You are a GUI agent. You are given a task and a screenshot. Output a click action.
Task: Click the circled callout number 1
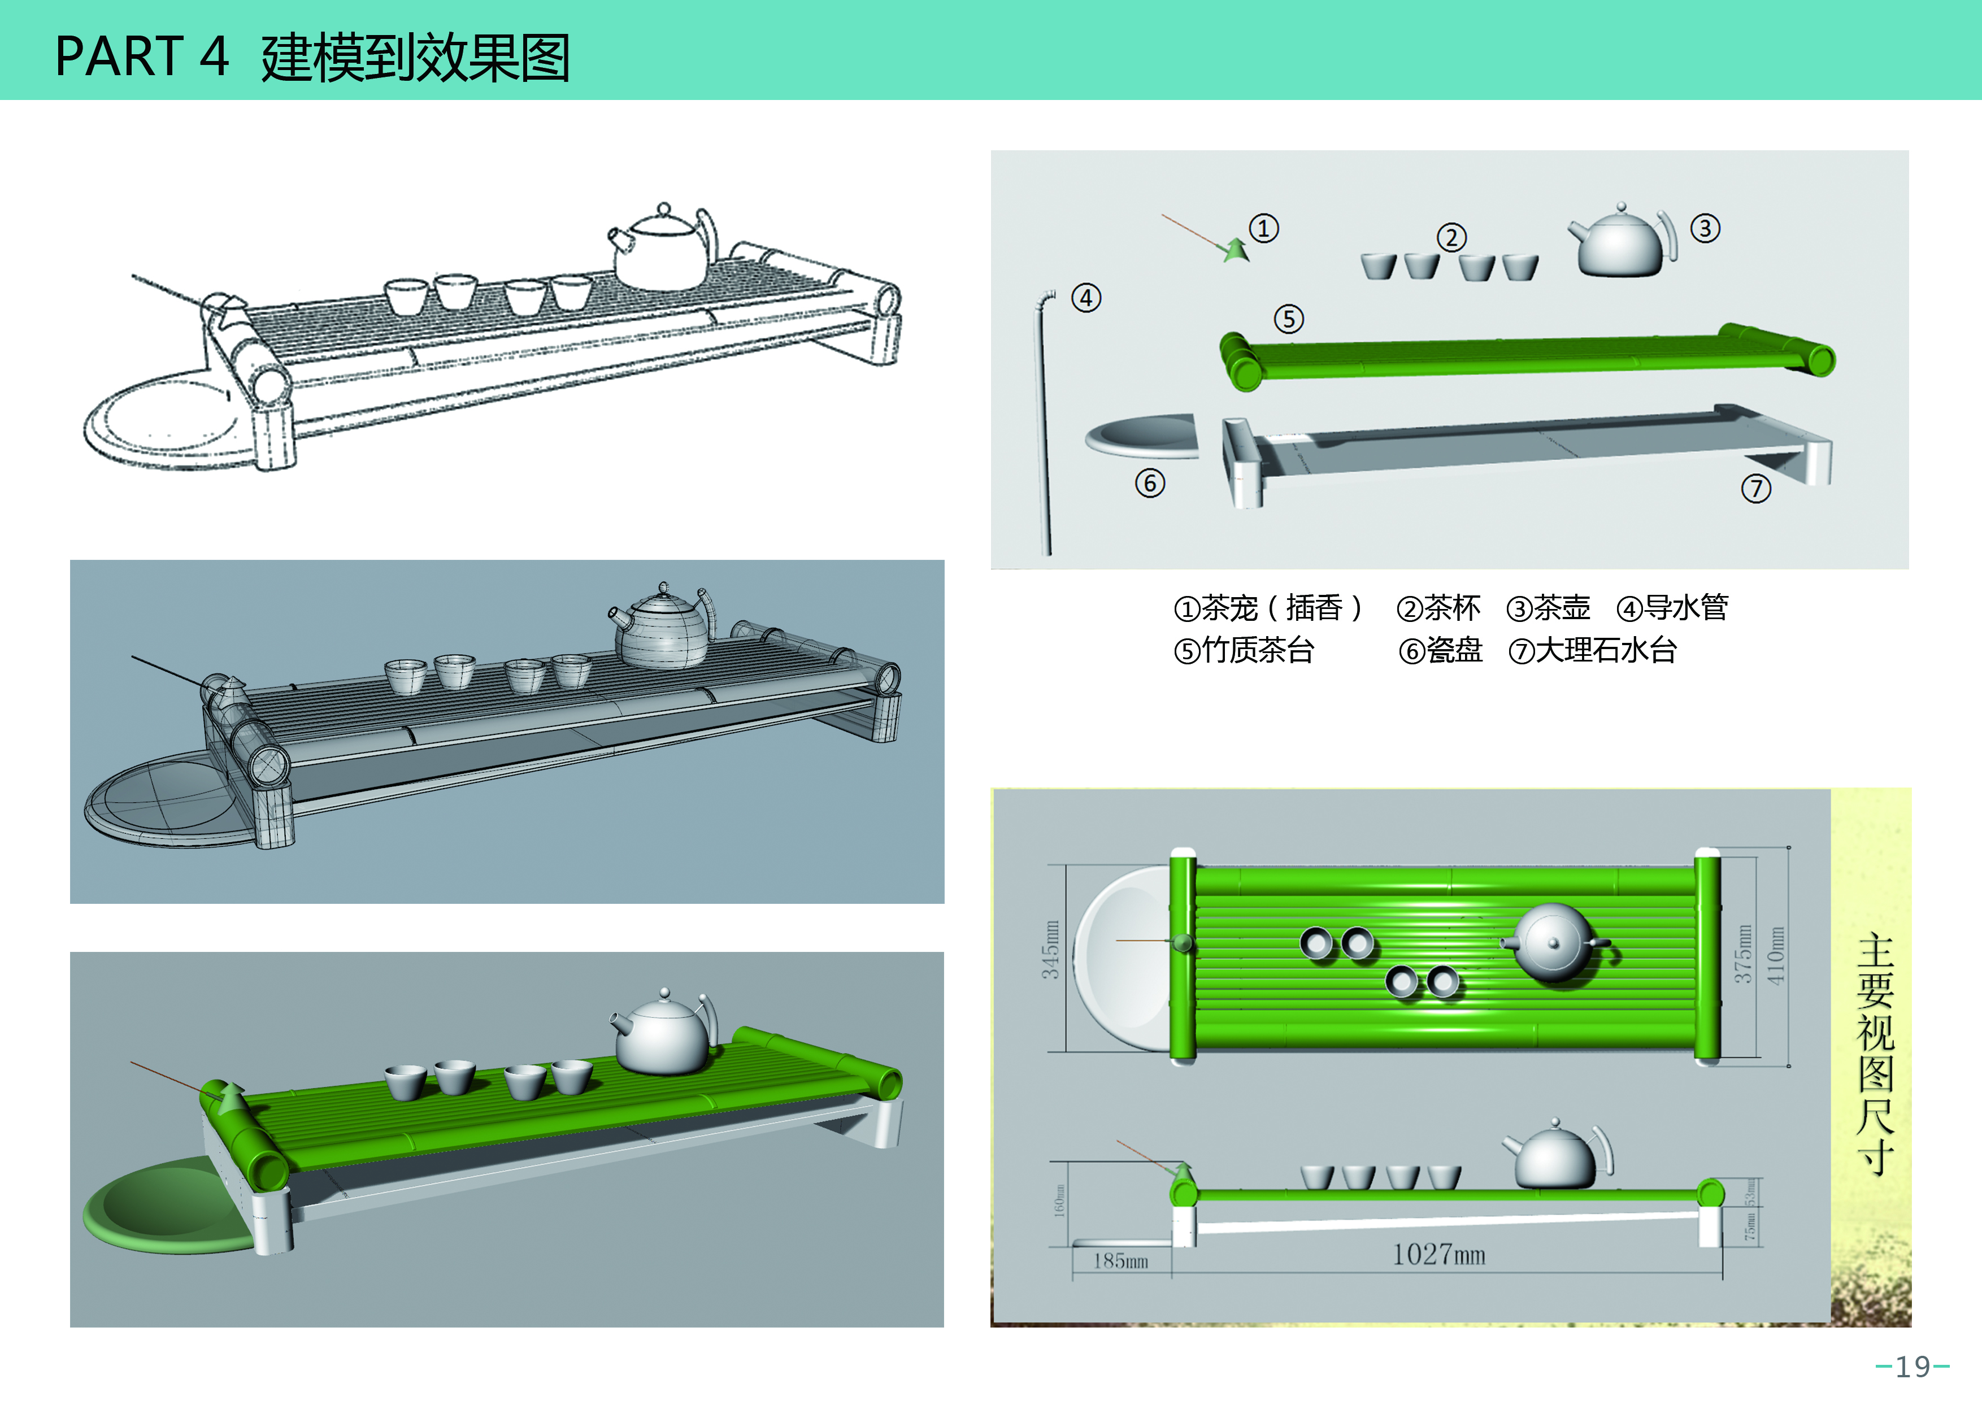pyautogui.click(x=1264, y=229)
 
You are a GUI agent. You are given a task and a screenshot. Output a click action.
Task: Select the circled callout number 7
pyautogui.click(x=1756, y=489)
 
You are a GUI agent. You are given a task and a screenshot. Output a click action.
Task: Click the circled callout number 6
pyautogui.click(x=1150, y=482)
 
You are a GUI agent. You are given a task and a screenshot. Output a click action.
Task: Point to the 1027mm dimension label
pyautogui.click(x=1438, y=1254)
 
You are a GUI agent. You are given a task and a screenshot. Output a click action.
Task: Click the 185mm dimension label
pyautogui.click(x=1120, y=1261)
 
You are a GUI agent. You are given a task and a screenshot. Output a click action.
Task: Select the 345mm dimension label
pyautogui.click(x=1050, y=950)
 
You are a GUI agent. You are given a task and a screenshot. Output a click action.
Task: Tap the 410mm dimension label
pyautogui.click(x=1775, y=956)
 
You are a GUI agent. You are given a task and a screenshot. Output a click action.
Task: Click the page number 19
pyautogui.click(x=1912, y=1367)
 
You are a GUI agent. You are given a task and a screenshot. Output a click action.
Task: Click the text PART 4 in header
pyautogui.click(x=142, y=57)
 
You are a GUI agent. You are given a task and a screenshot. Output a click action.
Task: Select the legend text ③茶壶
pyautogui.click(x=1548, y=608)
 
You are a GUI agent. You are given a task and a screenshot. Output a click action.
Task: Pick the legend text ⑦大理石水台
pyautogui.click(x=1592, y=650)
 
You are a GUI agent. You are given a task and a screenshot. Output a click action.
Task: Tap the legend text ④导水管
pyautogui.click(x=1672, y=608)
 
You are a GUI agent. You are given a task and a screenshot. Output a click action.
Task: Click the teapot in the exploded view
pyautogui.click(x=1621, y=243)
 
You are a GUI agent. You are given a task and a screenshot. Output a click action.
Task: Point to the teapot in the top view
pyautogui.click(x=1554, y=943)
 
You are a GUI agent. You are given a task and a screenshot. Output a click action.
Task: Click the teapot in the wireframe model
pyautogui.click(x=663, y=630)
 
